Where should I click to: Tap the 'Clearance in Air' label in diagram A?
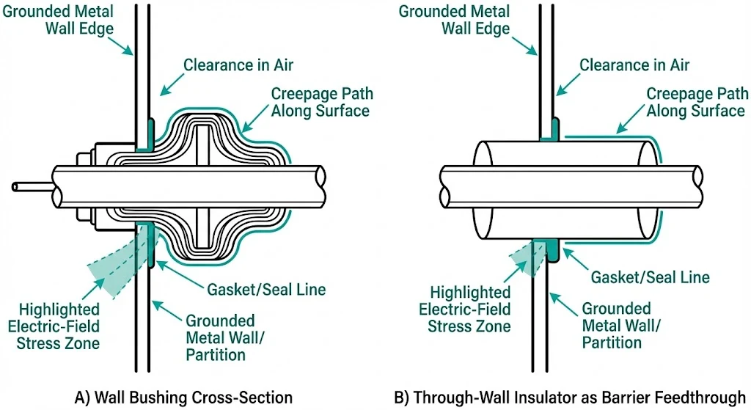tap(238, 65)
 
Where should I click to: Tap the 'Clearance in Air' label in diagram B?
tap(634, 65)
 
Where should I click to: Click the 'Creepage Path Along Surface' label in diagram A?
tap(322, 102)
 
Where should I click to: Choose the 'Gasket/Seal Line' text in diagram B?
tap(650, 277)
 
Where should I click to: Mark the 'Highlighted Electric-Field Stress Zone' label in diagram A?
tap(59, 326)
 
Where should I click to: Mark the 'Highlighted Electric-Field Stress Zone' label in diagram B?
tap(465, 309)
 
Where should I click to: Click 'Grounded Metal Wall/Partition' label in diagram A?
tap(220, 337)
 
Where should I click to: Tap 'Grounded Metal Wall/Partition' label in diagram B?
tap(616, 326)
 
